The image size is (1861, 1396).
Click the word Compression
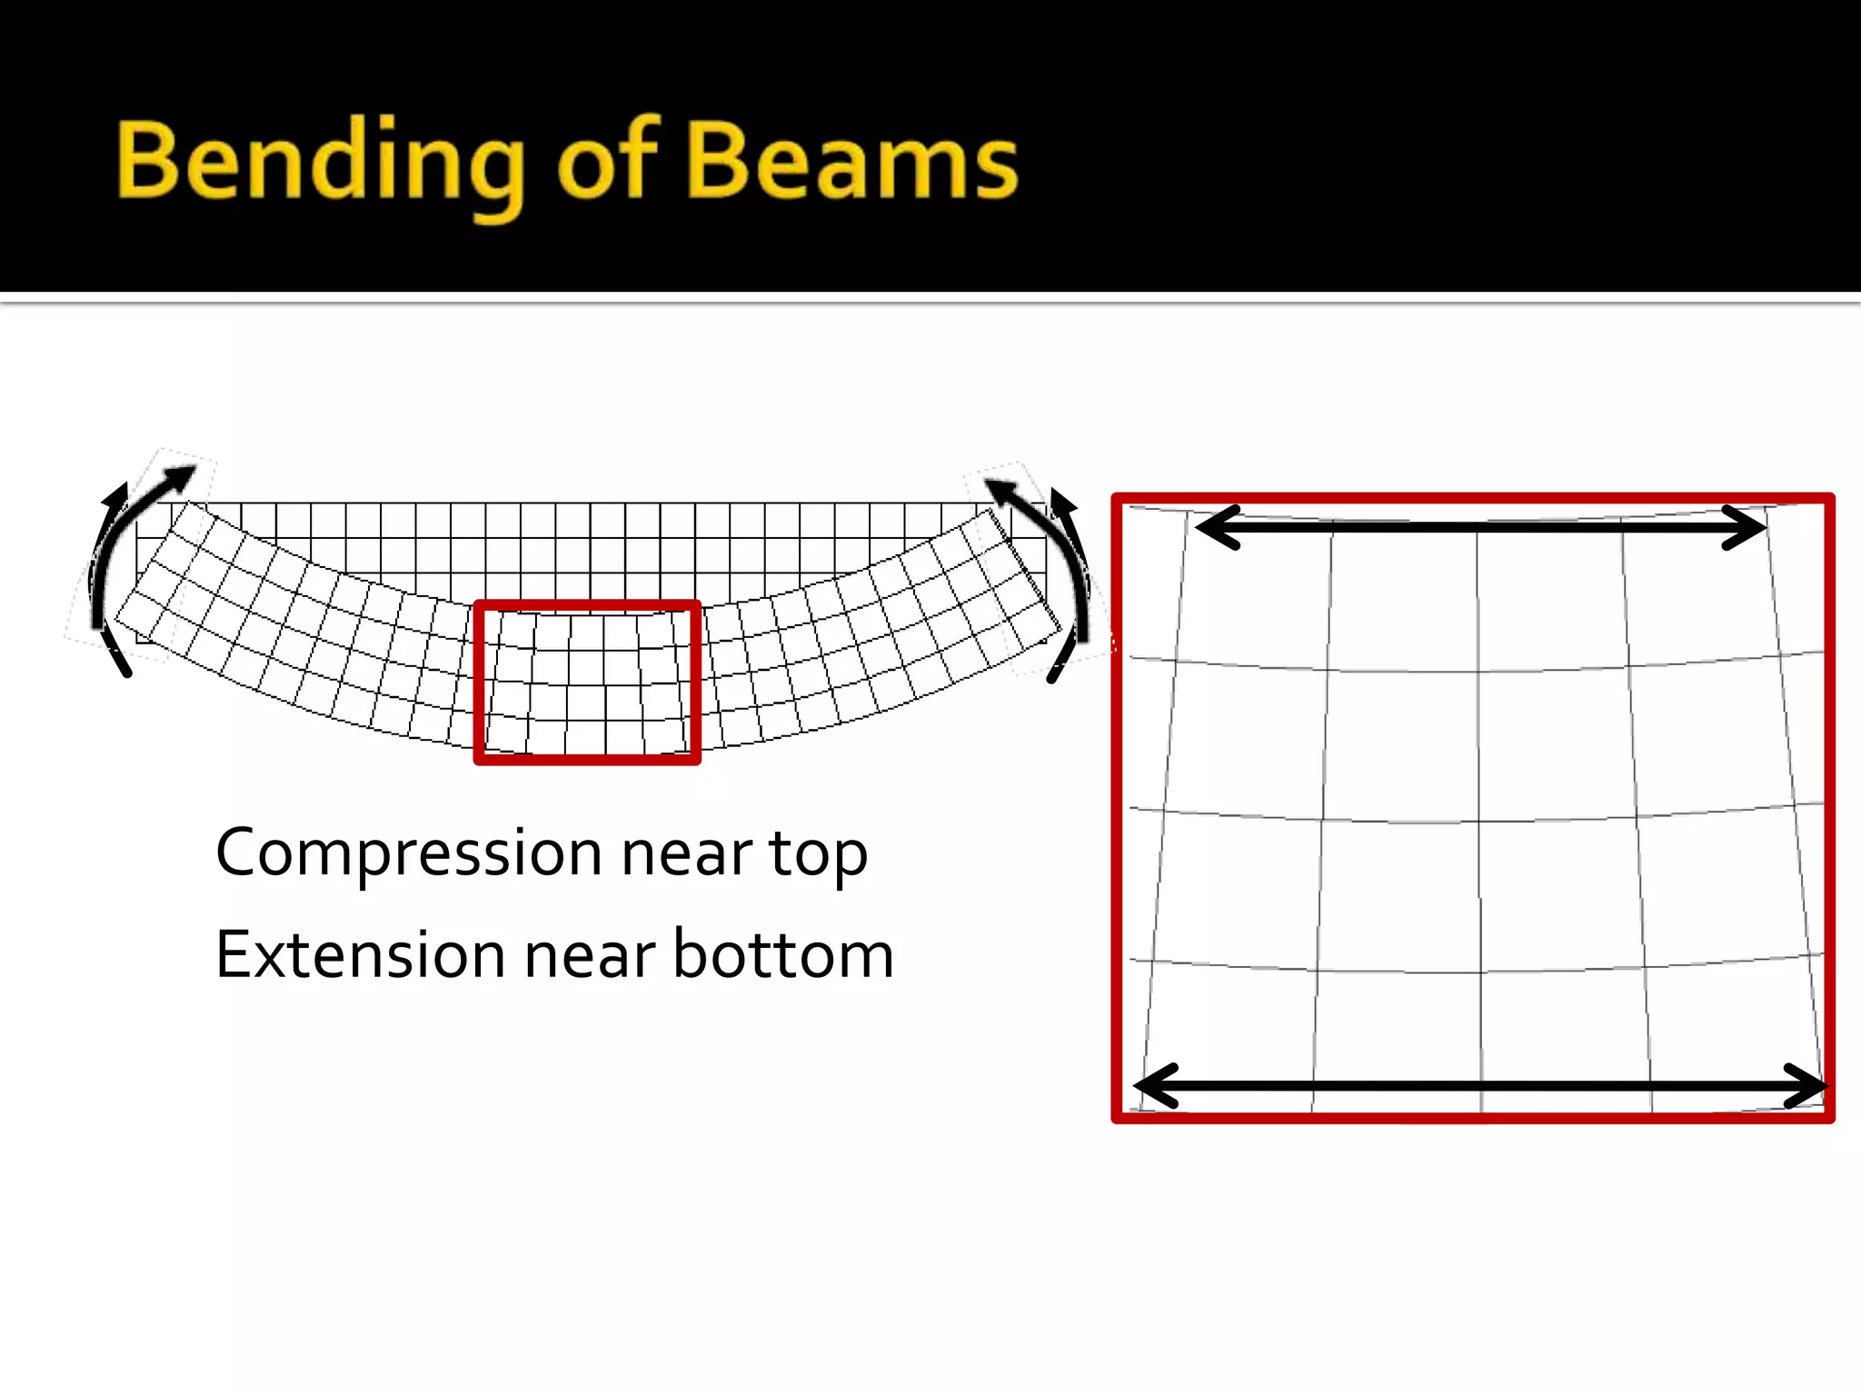(409, 854)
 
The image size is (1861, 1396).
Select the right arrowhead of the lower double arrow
(1808, 1085)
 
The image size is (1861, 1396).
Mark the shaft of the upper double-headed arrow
(1481, 528)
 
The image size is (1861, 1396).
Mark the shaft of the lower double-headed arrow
(1481, 1085)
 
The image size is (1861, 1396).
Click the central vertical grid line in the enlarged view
(1478, 818)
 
